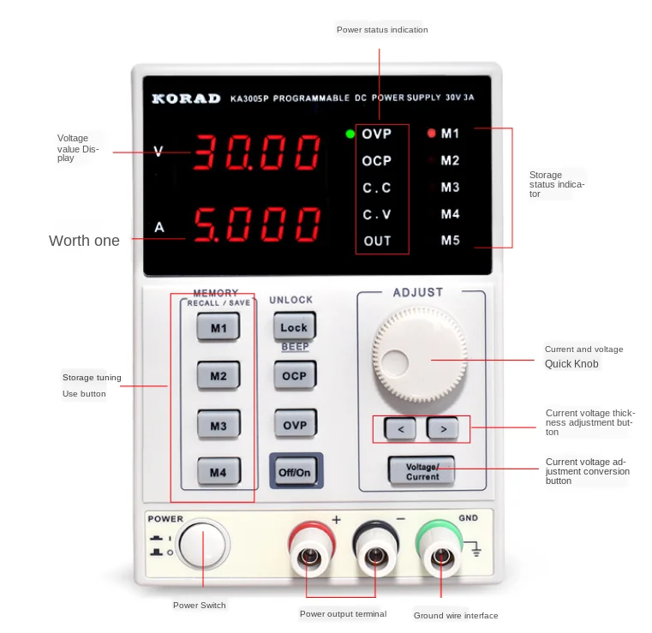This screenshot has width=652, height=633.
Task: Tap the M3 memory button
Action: [218, 424]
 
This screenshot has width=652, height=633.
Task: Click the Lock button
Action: [294, 327]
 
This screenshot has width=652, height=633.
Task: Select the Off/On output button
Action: [295, 472]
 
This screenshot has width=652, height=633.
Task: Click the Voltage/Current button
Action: [422, 471]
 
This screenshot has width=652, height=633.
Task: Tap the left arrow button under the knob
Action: [401, 427]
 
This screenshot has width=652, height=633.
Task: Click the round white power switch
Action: [204, 545]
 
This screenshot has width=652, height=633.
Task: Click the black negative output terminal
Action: [374, 558]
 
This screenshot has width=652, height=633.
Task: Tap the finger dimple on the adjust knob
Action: [397, 361]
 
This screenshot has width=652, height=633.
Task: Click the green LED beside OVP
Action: [350, 134]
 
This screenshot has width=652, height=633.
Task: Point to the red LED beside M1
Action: [431, 134]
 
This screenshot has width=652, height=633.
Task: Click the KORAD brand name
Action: [186, 99]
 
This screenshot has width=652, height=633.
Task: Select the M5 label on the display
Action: [451, 240]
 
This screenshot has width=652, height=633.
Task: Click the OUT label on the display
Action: [377, 241]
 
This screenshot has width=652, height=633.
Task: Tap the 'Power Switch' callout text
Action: [200, 606]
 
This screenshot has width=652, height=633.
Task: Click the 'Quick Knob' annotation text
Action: [571, 364]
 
